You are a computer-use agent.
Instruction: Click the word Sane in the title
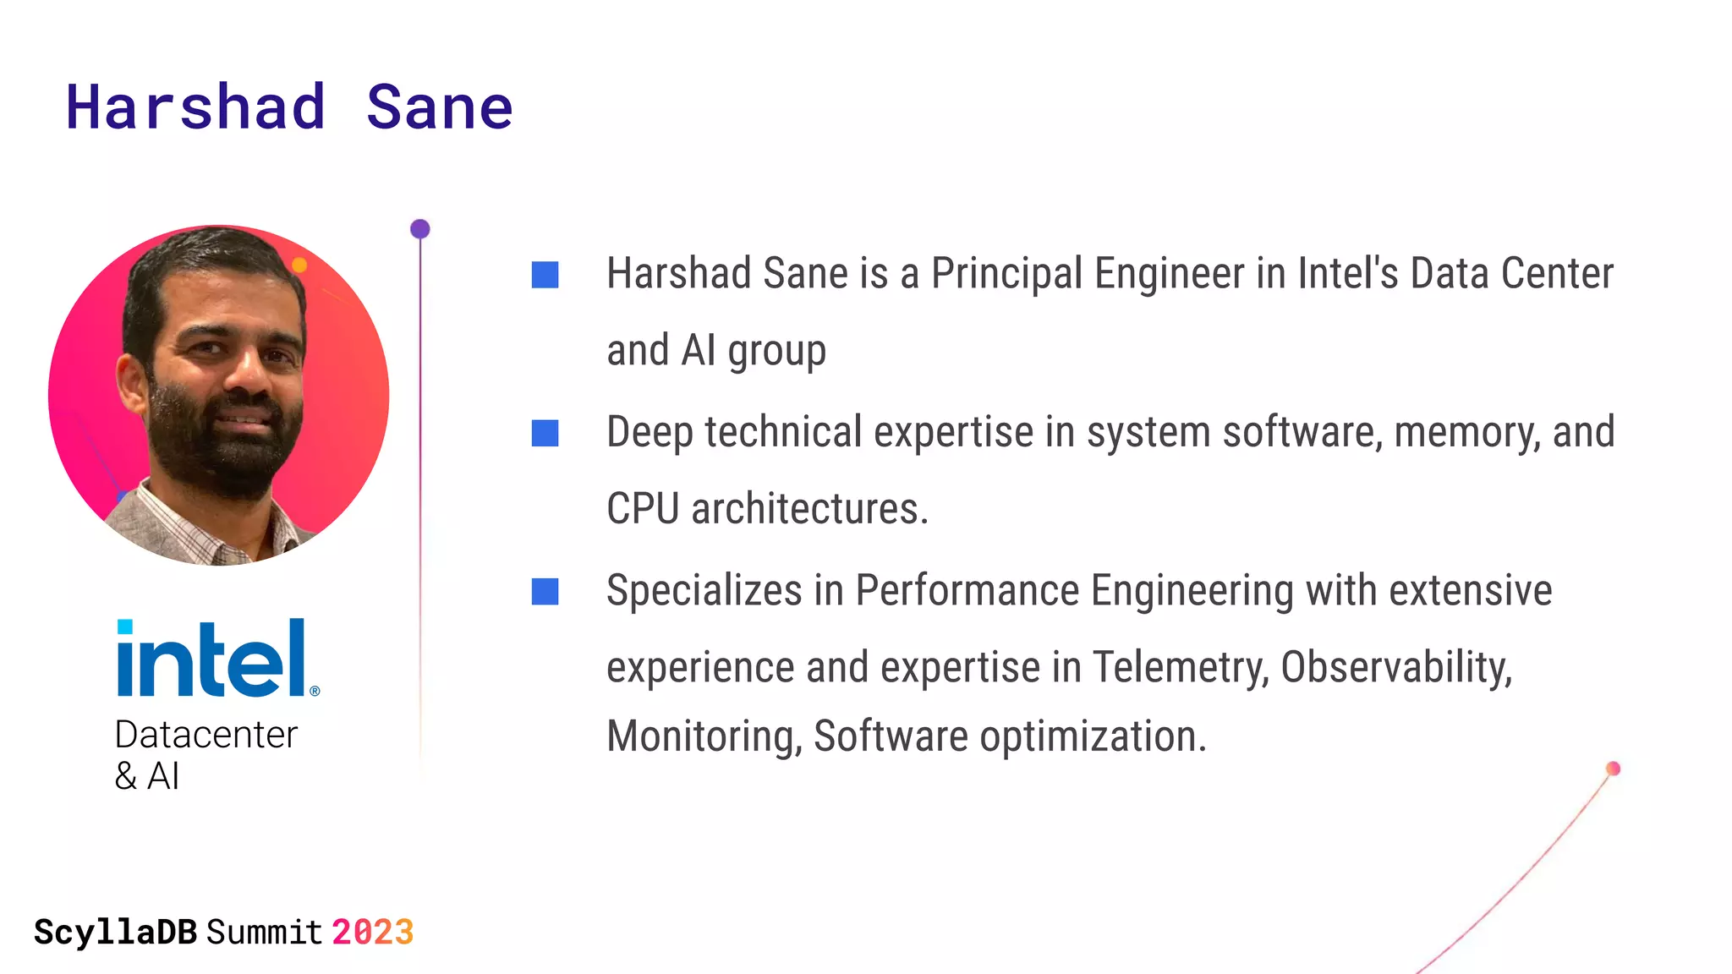[x=439, y=108]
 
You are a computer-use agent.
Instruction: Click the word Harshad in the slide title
[x=196, y=108]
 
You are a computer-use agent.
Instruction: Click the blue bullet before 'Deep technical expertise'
[x=545, y=433]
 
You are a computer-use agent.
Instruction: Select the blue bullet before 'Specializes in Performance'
[x=545, y=591]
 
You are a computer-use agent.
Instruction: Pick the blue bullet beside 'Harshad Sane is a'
[x=545, y=275]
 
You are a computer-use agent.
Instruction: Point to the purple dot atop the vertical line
[x=420, y=229]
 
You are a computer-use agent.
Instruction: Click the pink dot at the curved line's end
[x=1613, y=769]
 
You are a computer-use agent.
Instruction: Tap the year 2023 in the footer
[x=372, y=933]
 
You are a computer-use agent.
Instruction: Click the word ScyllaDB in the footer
[x=115, y=933]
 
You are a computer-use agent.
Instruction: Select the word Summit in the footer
[x=264, y=933]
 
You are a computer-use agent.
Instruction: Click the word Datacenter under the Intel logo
[x=206, y=735]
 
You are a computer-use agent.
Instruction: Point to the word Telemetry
[x=1181, y=667]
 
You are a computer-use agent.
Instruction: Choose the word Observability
[x=1395, y=667]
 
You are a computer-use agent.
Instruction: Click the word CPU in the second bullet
[x=643, y=509]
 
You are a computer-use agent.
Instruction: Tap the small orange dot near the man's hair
[x=299, y=265]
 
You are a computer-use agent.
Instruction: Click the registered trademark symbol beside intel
[x=315, y=691]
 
